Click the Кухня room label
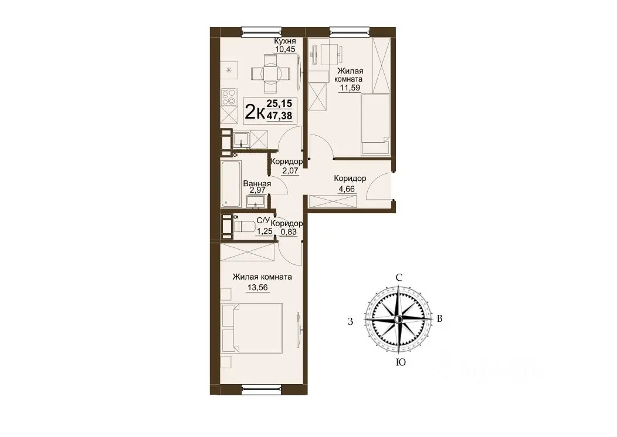284,41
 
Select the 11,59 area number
350,88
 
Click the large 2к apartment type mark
254,112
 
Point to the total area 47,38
279,116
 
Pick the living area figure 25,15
279,103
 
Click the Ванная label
257,184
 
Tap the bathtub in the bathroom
230,183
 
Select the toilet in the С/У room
243,227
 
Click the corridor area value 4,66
347,189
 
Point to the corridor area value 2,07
290,170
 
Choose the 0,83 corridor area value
288,232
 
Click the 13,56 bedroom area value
257,288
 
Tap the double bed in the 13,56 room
252,328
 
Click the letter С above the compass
399,277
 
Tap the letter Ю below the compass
401,362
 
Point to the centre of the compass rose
398,319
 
